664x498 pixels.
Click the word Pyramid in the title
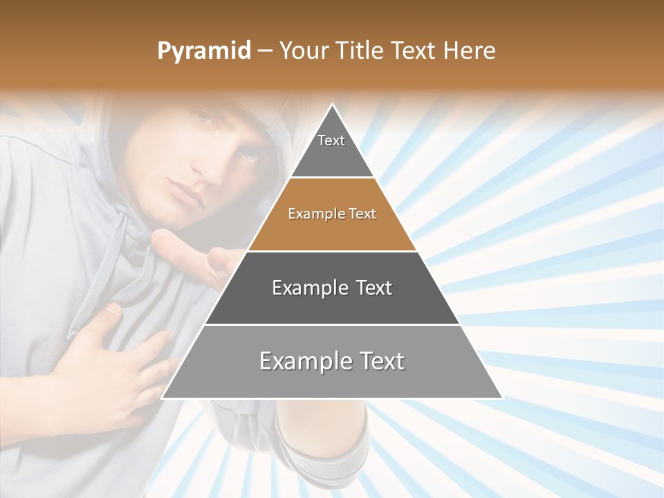point(203,51)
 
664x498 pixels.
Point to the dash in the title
point(264,51)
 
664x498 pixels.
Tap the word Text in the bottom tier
point(378,362)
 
